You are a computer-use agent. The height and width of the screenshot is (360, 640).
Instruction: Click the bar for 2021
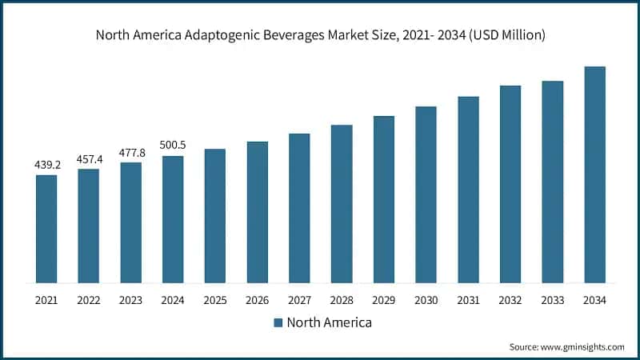[46, 229]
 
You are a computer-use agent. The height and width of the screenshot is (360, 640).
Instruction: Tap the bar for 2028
[342, 204]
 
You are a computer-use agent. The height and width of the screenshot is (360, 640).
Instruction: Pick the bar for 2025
[215, 216]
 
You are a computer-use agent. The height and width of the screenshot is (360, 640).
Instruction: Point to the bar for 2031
[468, 190]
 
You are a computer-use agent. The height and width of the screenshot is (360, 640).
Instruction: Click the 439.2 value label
[46, 165]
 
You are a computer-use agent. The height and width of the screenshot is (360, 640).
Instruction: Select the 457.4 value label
[89, 159]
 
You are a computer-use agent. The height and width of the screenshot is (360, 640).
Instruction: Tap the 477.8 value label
[131, 153]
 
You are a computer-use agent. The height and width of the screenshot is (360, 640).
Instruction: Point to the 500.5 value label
[173, 146]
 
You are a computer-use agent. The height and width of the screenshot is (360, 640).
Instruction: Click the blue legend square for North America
[278, 323]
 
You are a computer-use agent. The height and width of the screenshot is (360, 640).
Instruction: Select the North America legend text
[329, 323]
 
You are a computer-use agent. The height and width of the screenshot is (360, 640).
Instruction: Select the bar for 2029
[384, 199]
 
